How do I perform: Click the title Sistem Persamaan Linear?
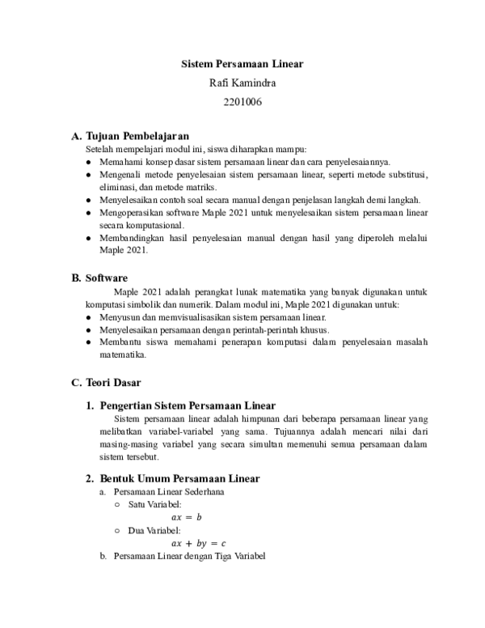click(x=241, y=63)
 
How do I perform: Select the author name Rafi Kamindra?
click(x=242, y=83)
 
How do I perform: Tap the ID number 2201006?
click(x=242, y=102)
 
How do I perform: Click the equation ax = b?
click(x=187, y=516)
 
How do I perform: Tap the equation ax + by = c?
click(x=199, y=543)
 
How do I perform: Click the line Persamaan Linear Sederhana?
click(x=169, y=491)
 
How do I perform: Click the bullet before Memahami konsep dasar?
click(x=89, y=162)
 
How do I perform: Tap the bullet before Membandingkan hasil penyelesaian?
click(x=89, y=239)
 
